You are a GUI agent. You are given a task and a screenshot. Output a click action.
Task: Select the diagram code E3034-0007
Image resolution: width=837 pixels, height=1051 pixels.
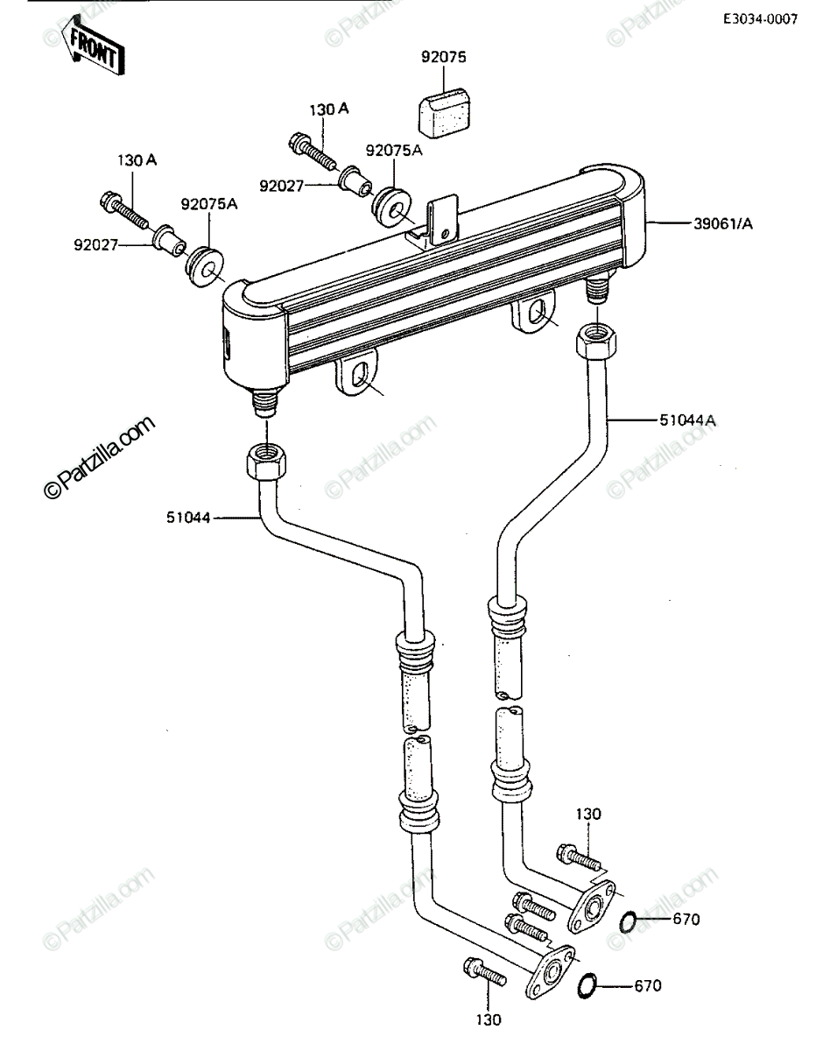point(760,19)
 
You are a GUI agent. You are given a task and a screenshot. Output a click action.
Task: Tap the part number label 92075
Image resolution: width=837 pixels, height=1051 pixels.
point(443,57)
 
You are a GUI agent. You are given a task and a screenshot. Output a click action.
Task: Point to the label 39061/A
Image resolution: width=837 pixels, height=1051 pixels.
point(723,224)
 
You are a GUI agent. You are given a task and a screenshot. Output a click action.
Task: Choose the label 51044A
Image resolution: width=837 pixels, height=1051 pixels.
point(687,420)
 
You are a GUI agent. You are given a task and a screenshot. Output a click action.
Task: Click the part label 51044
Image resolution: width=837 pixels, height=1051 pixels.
point(188,518)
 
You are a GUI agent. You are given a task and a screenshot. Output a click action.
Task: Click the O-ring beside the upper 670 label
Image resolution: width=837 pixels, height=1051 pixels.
point(628,922)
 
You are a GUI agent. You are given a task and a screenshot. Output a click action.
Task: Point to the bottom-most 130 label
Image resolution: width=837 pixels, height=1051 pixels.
point(489,1033)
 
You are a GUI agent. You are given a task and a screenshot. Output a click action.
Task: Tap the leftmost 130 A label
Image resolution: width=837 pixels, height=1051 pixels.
point(137,160)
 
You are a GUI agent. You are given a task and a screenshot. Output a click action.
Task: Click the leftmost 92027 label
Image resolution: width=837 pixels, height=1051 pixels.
point(96,244)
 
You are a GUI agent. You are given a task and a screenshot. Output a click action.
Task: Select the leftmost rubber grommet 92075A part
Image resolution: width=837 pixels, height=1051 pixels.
point(205,268)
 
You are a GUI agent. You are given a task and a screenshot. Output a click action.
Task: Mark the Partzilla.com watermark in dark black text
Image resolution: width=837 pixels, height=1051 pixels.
point(99,457)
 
